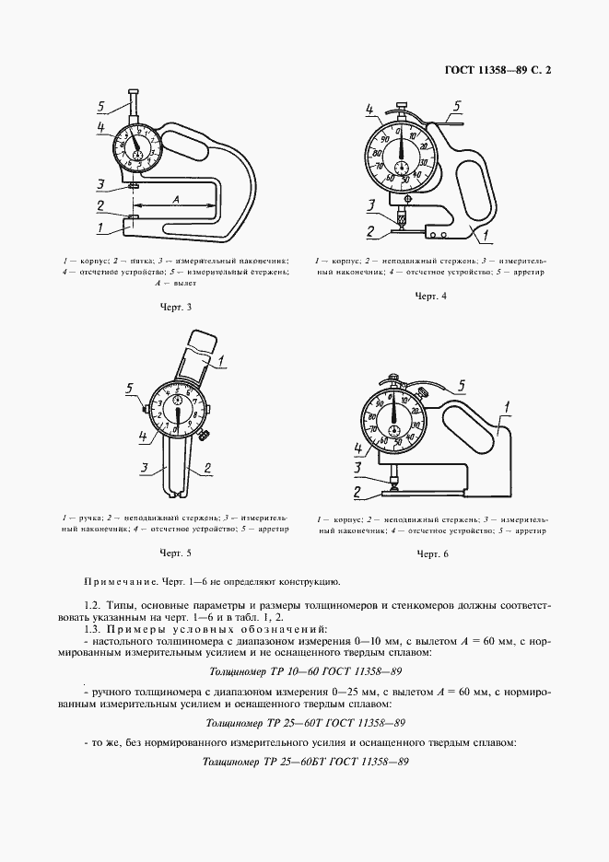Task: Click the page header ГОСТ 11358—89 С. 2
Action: tap(504, 70)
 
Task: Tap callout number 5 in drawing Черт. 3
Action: tap(103, 105)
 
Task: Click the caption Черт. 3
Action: tap(174, 308)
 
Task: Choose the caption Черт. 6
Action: tap(431, 553)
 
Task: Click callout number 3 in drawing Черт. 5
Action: tap(145, 468)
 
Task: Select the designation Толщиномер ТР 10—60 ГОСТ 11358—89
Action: tap(304, 672)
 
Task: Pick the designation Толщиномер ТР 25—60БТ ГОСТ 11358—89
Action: tap(304, 762)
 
